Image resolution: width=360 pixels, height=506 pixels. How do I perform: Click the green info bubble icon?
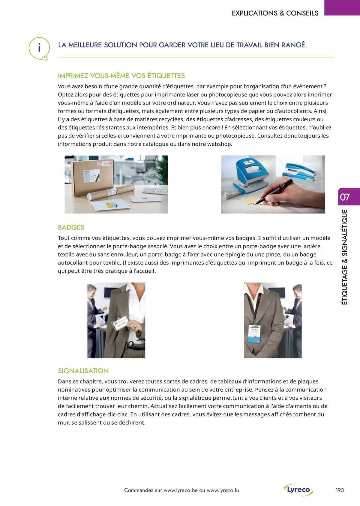(39, 48)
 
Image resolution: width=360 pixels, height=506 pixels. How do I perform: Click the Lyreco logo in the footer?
(298, 490)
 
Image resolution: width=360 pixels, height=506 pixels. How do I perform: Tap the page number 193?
(340, 490)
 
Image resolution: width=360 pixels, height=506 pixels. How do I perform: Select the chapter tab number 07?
(345, 197)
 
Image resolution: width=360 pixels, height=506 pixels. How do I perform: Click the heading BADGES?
(71, 227)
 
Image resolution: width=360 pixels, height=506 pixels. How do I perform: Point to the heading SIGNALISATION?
(83, 371)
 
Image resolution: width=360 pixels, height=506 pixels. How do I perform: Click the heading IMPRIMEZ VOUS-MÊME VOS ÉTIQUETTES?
(121, 76)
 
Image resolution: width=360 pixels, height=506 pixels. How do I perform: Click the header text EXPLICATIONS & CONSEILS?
(275, 13)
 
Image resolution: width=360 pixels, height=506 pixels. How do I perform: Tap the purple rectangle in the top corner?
(342, 7)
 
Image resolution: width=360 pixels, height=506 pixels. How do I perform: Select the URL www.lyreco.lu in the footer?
(223, 490)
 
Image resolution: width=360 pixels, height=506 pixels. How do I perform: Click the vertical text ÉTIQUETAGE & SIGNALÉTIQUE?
(345, 257)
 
